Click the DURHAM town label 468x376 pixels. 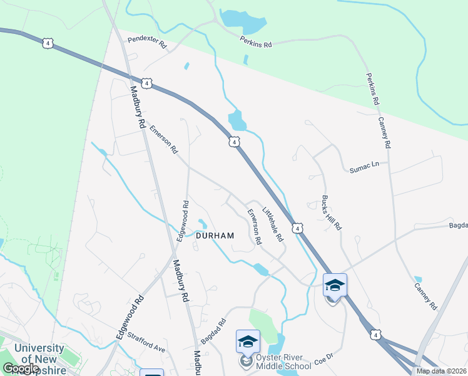(x=215, y=236)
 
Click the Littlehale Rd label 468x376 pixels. (x=273, y=224)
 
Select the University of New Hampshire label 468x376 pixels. (x=39, y=358)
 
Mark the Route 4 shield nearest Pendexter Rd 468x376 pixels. (x=146, y=83)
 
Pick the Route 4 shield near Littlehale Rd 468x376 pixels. (x=297, y=228)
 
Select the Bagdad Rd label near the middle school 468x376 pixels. (x=213, y=332)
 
